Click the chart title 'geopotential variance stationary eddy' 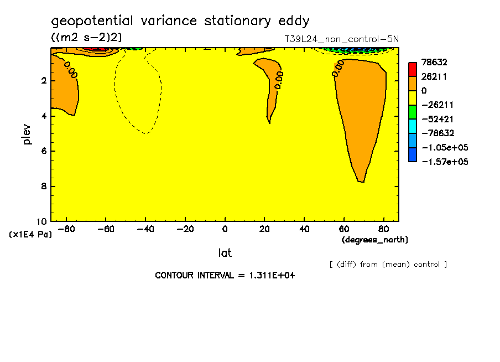point(180,22)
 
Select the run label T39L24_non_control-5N point(341,39)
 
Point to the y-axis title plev point(27,134)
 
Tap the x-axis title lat point(225,253)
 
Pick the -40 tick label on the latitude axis point(145,229)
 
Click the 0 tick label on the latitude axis point(225,229)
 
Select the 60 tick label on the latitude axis point(343,229)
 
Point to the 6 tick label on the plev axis point(43,151)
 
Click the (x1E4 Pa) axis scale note point(30,235)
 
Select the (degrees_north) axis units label point(375,240)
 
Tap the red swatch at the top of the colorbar point(413,69)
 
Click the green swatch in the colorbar point(413,112)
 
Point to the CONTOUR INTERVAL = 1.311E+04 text point(225,276)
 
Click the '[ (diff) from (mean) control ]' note point(388,265)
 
